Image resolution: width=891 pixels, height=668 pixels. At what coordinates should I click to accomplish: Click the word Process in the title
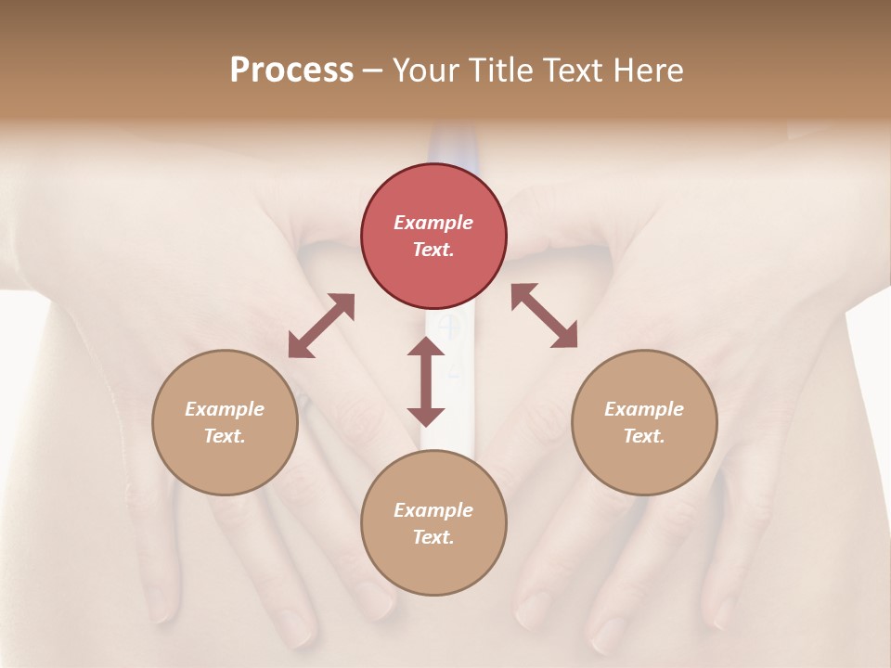click(x=291, y=71)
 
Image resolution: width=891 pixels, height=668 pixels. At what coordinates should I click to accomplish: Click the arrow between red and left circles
click(x=321, y=326)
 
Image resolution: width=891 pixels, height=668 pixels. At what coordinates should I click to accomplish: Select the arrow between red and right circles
click(x=545, y=315)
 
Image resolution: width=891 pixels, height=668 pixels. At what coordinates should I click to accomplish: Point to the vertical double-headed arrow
click(x=426, y=381)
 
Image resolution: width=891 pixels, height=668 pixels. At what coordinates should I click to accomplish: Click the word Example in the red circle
click(x=433, y=223)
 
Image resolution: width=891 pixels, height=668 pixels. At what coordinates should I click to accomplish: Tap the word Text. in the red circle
click(x=433, y=250)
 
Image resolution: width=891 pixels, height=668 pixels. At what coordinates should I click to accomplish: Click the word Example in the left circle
click(x=225, y=409)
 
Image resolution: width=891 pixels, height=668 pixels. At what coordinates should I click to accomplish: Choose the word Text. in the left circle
click(x=225, y=436)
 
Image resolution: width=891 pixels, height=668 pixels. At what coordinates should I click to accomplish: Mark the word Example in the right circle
click(x=644, y=409)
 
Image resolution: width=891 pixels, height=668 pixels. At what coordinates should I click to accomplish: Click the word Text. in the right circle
click(x=644, y=436)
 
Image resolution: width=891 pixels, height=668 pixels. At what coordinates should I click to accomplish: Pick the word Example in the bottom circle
click(x=433, y=510)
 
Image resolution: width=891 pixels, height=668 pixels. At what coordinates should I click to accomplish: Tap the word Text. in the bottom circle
click(x=433, y=537)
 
